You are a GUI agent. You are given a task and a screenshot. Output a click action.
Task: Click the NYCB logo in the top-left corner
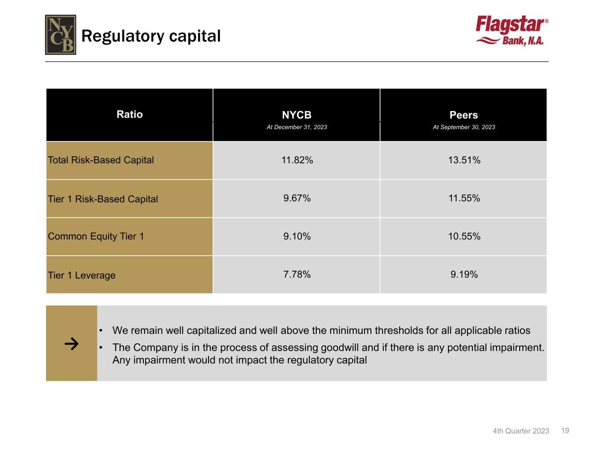[60, 35]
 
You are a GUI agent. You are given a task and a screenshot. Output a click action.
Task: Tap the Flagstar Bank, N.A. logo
[512, 30]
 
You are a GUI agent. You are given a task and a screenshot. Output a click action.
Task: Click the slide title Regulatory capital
[151, 36]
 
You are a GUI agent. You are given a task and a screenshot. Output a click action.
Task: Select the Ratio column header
[129, 114]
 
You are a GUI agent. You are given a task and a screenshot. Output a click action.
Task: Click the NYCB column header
[297, 115]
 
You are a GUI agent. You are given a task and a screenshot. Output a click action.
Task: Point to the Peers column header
[464, 115]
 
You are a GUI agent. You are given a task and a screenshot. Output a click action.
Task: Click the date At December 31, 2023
[297, 127]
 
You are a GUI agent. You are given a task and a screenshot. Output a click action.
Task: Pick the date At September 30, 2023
[464, 127]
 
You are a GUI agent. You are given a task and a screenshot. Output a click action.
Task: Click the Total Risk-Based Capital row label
[101, 160]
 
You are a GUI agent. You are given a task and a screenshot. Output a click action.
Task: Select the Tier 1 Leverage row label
[82, 275]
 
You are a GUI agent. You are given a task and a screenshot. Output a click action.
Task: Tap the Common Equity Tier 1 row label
[96, 236]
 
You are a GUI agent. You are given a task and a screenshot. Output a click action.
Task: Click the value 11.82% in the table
[297, 160]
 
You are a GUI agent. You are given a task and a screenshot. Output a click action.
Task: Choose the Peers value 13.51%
[464, 160]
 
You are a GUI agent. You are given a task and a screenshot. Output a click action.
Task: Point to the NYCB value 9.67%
[297, 198]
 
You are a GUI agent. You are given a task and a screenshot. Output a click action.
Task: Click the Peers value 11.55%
[464, 198]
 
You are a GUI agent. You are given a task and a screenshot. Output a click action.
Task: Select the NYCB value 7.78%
[297, 274]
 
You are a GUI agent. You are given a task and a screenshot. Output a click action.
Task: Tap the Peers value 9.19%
[464, 274]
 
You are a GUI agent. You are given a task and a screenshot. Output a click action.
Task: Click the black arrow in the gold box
[72, 344]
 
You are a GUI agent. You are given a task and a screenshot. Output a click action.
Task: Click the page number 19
[565, 431]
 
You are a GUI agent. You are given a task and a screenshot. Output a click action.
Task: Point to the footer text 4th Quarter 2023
[521, 431]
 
